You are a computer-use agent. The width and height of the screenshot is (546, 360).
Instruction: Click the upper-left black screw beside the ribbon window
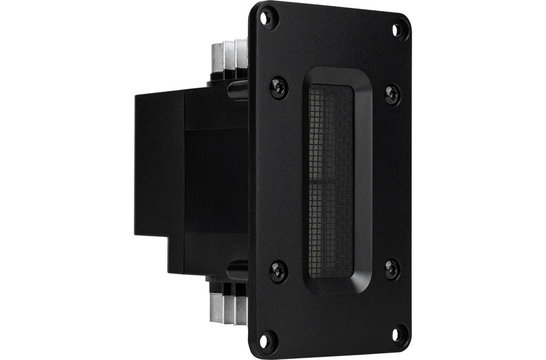[x=278, y=87]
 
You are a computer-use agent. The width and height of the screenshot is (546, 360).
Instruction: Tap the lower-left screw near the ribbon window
[x=279, y=269]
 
